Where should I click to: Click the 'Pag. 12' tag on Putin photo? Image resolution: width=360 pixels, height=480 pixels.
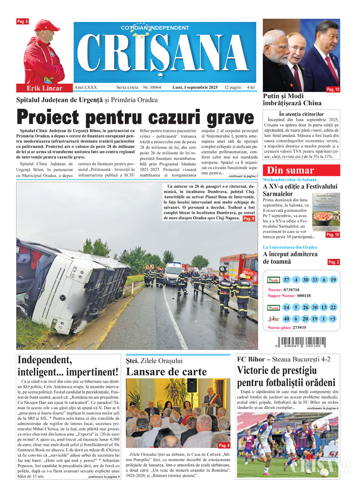pyautogui.click(x=333, y=90)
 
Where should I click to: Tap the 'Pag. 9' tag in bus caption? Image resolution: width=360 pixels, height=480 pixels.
pyautogui.click(x=248, y=219)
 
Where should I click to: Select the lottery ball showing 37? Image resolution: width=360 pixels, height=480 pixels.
pyautogui.click(x=286, y=280)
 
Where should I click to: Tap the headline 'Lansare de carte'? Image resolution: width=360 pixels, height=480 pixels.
pyautogui.click(x=166, y=372)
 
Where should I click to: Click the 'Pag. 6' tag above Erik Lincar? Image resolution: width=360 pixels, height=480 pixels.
pyautogui.click(x=22, y=21)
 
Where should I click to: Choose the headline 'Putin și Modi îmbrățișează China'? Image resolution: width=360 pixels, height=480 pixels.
pyautogui.click(x=292, y=100)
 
